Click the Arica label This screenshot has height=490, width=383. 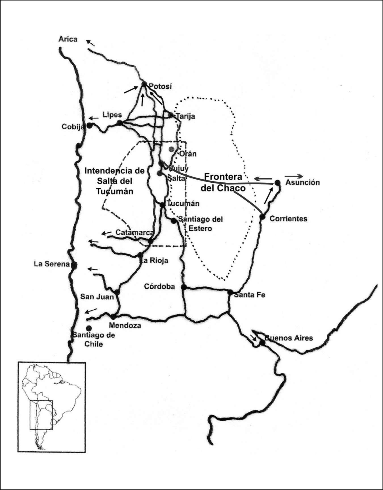[x=68, y=39]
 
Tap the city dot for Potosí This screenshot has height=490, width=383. [x=144, y=84]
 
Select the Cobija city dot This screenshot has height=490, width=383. [x=90, y=125]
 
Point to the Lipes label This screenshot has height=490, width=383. [x=112, y=115]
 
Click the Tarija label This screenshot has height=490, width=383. [x=186, y=116]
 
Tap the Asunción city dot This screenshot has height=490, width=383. [x=277, y=183]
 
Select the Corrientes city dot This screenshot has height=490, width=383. [x=262, y=217]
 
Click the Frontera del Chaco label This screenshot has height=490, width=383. [x=224, y=182]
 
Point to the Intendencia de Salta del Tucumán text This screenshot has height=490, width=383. [x=115, y=181]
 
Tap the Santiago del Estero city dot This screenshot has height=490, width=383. [x=174, y=221]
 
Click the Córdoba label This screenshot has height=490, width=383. [x=159, y=286]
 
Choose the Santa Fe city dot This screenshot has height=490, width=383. [x=230, y=292]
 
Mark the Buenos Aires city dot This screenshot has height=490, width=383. [x=262, y=343]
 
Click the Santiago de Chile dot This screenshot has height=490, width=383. [x=89, y=328]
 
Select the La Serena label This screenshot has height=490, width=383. [x=52, y=264]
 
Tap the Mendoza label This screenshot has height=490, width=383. [x=125, y=325]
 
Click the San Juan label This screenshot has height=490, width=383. [x=97, y=297]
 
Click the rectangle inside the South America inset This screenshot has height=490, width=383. [x=41, y=415]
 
